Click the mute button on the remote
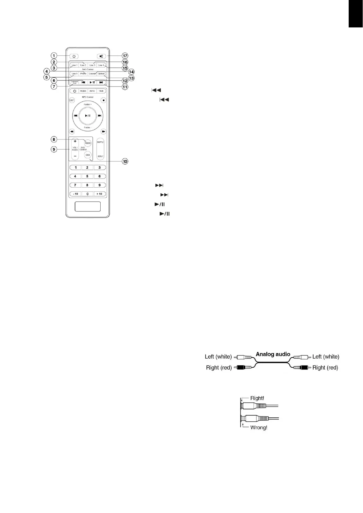point(101,56)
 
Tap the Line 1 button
point(74,65)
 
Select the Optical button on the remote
point(101,74)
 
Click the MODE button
point(83,91)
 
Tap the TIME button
point(101,91)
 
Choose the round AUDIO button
point(88,143)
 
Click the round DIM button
point(88,155)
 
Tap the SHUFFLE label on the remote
point(100,142)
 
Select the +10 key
point(99,194)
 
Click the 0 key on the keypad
point(87,194)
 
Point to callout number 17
point(125,56)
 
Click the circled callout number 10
point(125,161)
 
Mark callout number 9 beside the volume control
point(54,149)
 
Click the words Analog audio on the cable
point(273,354)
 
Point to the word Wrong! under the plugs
point(259,427)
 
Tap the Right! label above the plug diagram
point(257,398)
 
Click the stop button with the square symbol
point(104,100)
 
